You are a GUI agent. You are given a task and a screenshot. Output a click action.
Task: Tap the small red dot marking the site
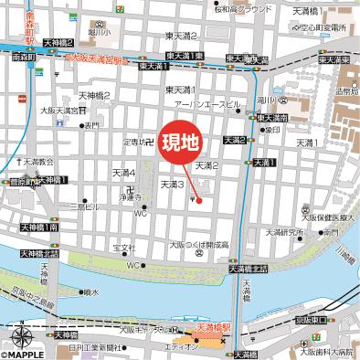198,200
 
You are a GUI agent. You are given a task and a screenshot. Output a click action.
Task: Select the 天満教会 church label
35,162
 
